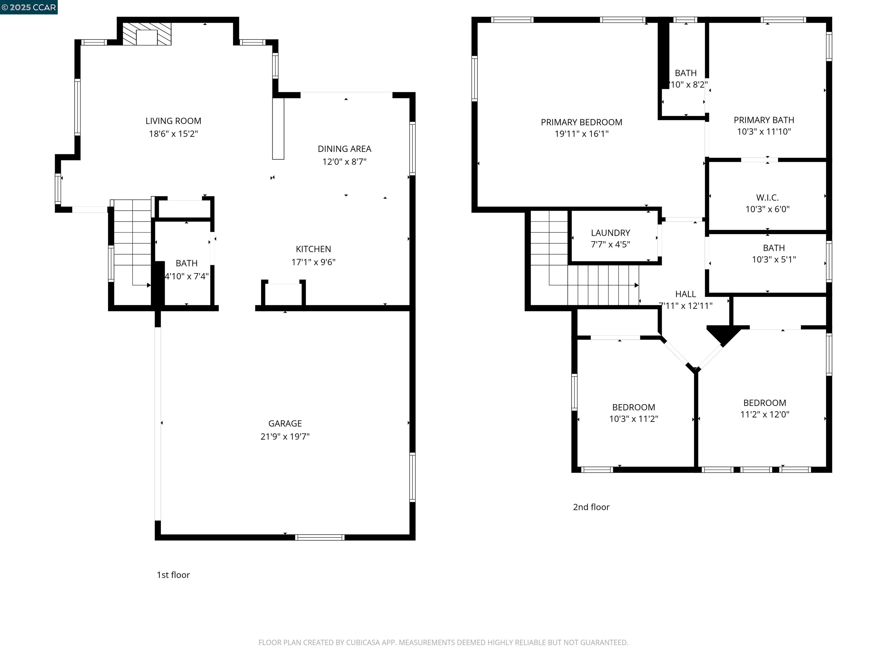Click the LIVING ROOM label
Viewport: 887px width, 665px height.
click(x=173, y=121)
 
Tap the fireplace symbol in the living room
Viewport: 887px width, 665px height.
click(x=147, y=34)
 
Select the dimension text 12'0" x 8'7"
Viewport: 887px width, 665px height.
click(x=344, y=162)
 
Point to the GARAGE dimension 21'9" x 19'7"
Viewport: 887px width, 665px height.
click(x=285, y=436)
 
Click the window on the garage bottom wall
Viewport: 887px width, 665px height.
click(x=320, y=537)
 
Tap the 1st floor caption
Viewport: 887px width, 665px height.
click(x=173, y=575)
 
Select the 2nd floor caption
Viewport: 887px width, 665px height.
click(x=591, y=507)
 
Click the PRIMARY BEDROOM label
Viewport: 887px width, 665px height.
click(x=582, y=122)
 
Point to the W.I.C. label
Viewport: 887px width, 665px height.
click(x=767, y=198)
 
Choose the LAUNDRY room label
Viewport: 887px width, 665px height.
click(x=610, y=233)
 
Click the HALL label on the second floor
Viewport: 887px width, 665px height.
click(x=685, y=294)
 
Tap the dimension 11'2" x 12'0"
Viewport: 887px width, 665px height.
click(x=764, y=414)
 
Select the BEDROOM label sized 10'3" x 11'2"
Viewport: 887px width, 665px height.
click(x=633, y=407)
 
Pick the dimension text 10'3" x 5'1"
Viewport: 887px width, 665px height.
click(x=774, y=260)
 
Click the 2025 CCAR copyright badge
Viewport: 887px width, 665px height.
click(x=29, y=7)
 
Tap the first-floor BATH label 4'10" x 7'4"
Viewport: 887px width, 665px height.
click(x=187, y=263)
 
